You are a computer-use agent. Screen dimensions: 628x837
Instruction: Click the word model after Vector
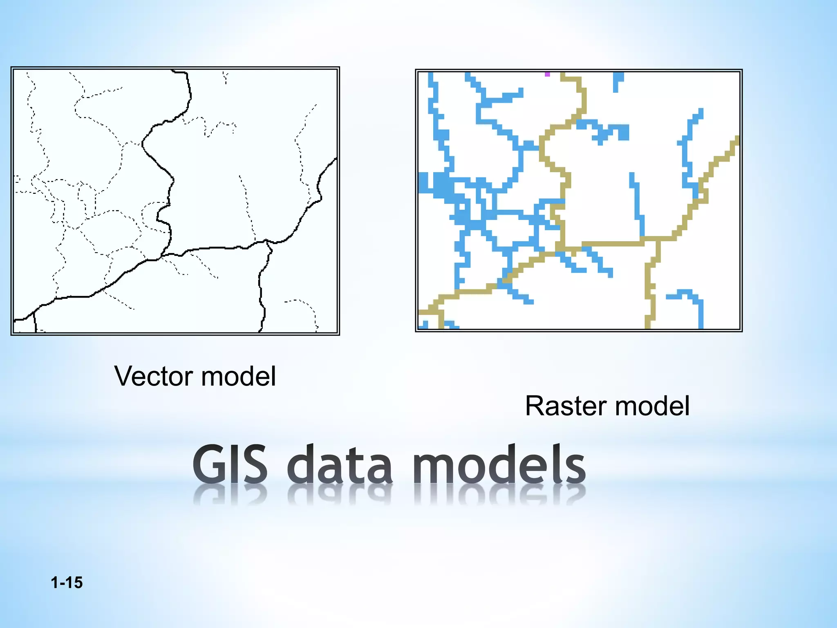coord(239,376)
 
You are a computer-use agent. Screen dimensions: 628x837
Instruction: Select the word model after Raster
coord(652,406)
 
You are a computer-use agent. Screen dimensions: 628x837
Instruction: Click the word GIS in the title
coord(230,465)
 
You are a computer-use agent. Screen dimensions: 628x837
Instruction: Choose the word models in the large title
coord(499,465)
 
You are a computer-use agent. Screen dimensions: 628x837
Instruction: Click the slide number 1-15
coord(67,583)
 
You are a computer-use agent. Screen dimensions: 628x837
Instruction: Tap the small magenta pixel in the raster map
coord(547,74)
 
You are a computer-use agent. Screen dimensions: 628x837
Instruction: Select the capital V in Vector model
coord(123,376)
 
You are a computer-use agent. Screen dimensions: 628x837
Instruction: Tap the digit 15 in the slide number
coord(74,583)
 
